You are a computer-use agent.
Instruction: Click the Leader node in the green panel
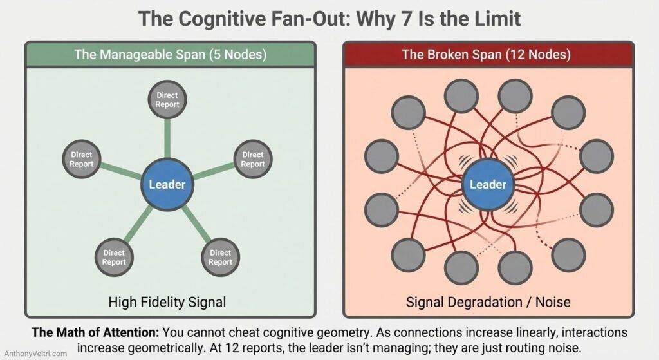click(167, 185)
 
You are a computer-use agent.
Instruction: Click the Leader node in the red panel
click(488, 185)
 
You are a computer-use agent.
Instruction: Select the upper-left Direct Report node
click(81, 159)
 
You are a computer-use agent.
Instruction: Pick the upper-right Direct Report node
click(252, 159)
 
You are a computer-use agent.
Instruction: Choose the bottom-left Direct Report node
click(114, 258)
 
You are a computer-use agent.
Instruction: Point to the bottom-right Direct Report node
click(220, 258)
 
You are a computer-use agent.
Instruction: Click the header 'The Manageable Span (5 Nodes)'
click(170, 54)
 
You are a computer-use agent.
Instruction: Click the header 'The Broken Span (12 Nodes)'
click(486, 54)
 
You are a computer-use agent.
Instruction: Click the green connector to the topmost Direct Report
click(167, 138)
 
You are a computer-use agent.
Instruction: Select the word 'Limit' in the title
click(498, 20)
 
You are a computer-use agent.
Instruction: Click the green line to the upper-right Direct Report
click(212, 171)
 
